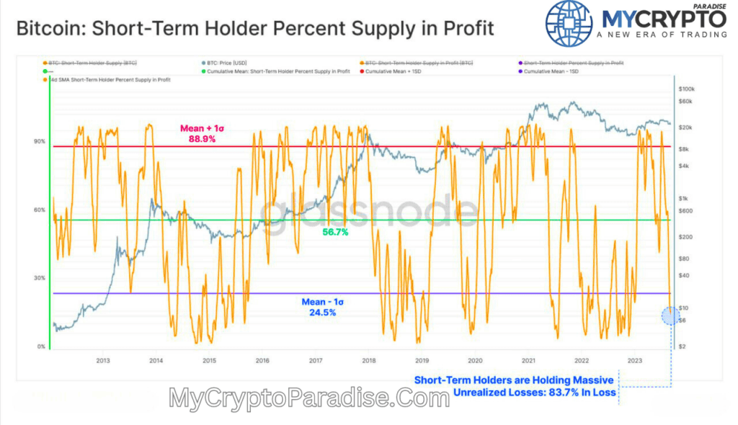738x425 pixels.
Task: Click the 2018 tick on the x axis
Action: (368, 360)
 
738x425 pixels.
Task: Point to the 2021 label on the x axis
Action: (528, 360)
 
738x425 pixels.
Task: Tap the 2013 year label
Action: (102, 360)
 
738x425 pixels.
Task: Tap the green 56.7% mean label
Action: (335, 232)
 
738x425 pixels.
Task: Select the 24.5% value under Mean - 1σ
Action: (320, 313)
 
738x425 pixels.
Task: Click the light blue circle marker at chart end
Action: (670, 315)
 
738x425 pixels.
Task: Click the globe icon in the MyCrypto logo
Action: (573, 24)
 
